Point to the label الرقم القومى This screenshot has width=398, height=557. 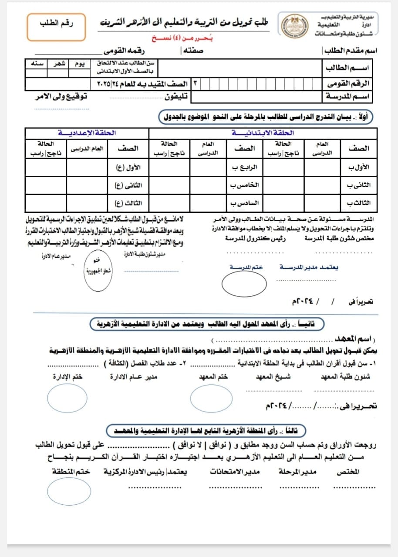351,83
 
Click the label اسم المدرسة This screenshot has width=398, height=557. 351,96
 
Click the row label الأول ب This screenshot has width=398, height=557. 360,167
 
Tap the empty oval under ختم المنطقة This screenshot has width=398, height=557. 69,492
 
